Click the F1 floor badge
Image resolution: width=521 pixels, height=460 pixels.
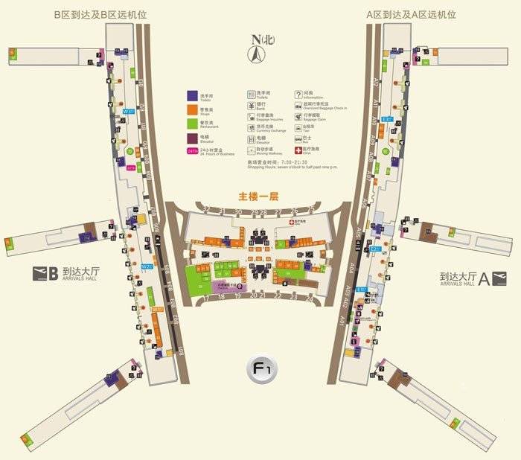[x=261, y=368]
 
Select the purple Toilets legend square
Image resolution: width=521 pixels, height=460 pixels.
[x=191, y=96]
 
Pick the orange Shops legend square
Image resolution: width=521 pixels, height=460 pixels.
[x=191, y=110]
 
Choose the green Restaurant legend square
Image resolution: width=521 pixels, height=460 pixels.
[x=191, y=124]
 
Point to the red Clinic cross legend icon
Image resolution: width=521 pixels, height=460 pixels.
[x=298, y=150]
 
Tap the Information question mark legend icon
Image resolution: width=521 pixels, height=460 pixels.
[x=298, y=95]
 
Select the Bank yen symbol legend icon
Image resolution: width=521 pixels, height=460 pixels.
[x=251, y=106]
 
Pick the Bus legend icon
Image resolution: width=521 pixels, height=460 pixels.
[x=298, y=139]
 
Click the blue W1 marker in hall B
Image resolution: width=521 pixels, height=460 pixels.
[x=128, y=112]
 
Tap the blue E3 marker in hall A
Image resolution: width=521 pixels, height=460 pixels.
[x=386, y=119]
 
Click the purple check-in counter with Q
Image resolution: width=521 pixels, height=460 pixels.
[x=226, y=285]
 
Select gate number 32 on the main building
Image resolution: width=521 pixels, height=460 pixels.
[x=206, y=211]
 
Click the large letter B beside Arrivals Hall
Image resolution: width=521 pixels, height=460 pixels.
[x=52, y=273]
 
